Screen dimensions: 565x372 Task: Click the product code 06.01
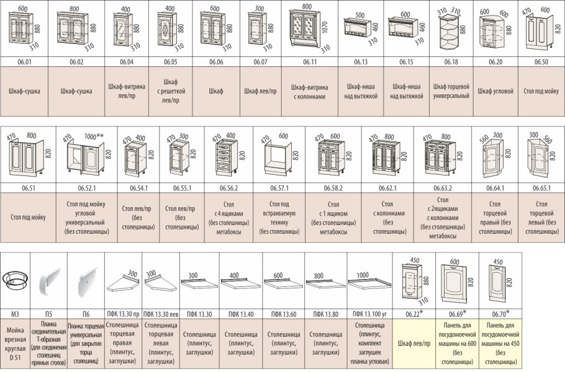pos(24,62)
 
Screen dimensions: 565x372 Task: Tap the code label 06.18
pos(451,62)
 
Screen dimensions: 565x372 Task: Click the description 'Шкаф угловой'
pos(495,91)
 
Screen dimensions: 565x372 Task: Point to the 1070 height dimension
pos(325,27)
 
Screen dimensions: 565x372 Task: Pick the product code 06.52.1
pos(87,188)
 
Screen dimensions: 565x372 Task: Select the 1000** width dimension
pos(94,136)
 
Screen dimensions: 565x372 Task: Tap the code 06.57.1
pos(279,188)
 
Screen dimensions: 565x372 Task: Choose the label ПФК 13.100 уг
pos(369,314)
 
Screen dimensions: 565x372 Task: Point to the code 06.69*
pos(457,314)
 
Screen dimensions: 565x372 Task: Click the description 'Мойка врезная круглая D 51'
pos(15,343)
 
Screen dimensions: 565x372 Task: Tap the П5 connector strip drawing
pos(50,281)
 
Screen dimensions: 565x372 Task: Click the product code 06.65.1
pos(541,188)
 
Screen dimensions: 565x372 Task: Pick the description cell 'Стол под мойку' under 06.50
pos(541,91)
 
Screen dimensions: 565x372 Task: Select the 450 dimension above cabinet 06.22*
pos(414,260)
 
